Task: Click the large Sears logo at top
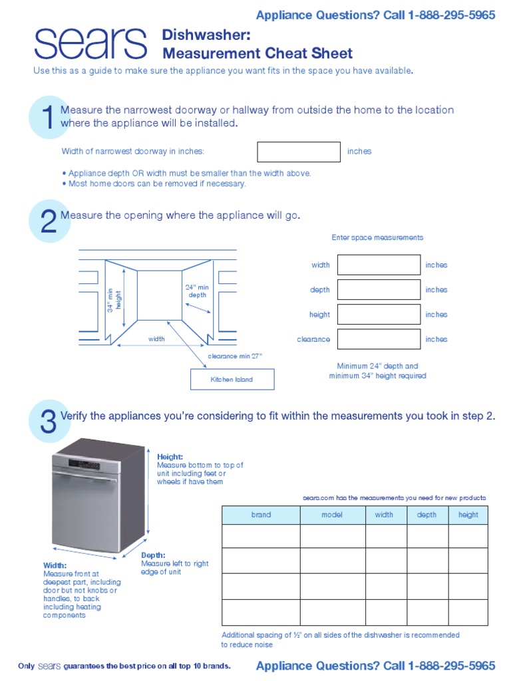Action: point(90,45)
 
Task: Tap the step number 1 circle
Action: point(48,118)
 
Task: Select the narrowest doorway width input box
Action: point(299,152)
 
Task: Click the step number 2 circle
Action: point(49,221)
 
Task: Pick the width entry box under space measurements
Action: point(379,265)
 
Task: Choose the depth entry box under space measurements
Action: point(379,289)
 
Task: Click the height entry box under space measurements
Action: point(379,315)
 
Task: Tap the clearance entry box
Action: point(379,339)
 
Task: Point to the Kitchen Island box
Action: point(232,379)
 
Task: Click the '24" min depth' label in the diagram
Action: point(197,291)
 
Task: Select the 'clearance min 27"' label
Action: point(235,356)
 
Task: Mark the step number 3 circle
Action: point(49,422)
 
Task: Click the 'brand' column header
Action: point(261,515)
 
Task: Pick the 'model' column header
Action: point(332,515)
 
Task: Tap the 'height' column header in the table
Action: point(468,515)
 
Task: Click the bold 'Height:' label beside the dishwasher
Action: point(170,457)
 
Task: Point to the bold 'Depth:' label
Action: point(153,555)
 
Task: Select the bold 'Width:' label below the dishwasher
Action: point(55,565)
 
